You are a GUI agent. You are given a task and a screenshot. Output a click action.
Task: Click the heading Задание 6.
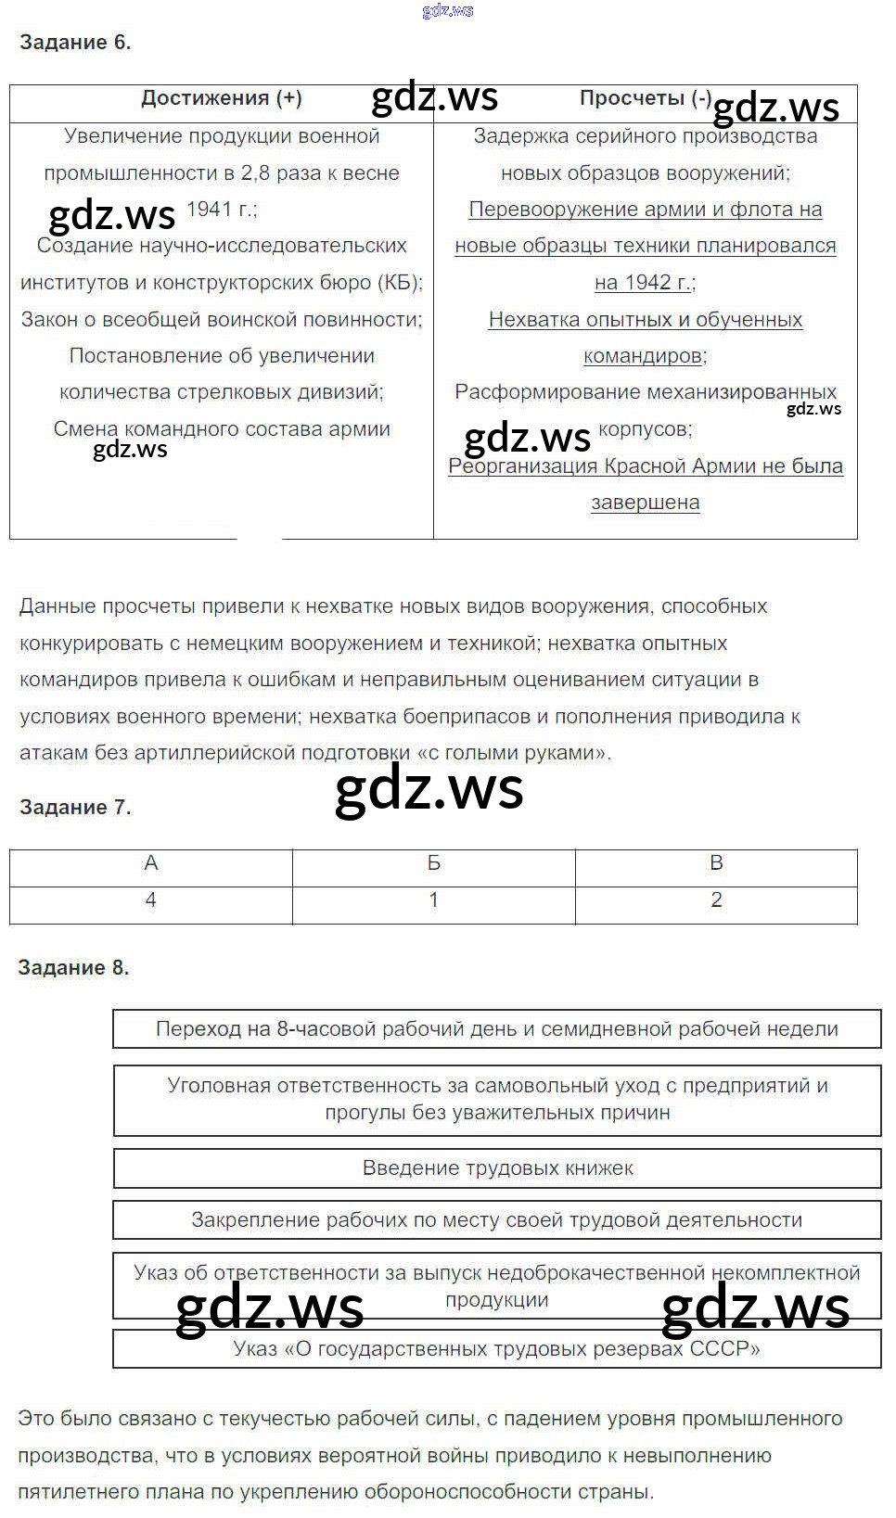[75, 43]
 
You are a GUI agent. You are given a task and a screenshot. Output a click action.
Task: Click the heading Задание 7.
[75, 808]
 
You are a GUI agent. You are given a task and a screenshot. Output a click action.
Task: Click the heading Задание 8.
[73, 968]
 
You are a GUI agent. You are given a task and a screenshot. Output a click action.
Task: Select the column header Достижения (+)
[221, 99]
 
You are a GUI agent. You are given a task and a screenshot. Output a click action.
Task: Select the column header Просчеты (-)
[645, 99]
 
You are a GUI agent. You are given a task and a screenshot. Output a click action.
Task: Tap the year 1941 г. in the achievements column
[222, 210]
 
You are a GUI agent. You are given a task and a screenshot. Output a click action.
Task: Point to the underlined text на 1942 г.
[644, 283]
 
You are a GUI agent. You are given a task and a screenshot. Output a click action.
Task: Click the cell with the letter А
[151, 864]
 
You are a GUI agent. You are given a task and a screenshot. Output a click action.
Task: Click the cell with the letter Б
[433, 864]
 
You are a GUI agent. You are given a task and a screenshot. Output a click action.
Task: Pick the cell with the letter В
[716, 864]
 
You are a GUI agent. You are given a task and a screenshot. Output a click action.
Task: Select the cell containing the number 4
[151, 901]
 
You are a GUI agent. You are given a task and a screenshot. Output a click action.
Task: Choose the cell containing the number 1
[433, 901]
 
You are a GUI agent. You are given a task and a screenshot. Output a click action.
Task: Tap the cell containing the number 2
[716, 901]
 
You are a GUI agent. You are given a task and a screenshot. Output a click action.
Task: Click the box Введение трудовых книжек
[497, 1168]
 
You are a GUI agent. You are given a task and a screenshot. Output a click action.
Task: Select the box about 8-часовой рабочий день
[497, 1029]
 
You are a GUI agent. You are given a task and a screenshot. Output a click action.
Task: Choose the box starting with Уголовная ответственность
[497, 1100]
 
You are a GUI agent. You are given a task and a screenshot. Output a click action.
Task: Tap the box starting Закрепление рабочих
[497, 1220]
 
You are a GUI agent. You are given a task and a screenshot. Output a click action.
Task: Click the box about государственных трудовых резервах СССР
[497, 1349]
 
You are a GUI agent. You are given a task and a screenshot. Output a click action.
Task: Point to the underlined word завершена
[645, 504]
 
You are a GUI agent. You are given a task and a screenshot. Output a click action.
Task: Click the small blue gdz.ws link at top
[447, 11]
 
